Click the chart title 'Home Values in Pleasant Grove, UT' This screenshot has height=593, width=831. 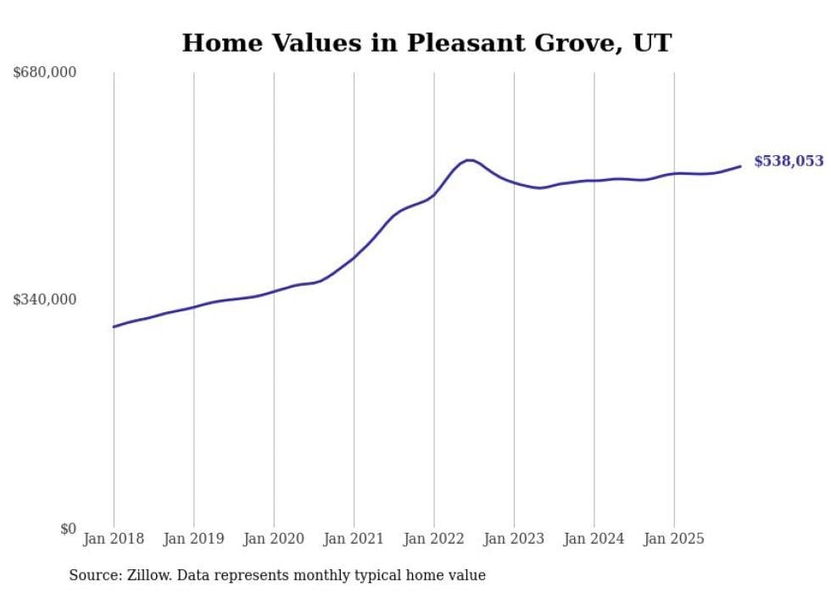pyautogui.click(x=427, y=43)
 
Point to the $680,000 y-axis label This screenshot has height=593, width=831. pyautogui.click(x=45, y=73)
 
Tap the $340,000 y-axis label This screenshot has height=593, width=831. pyautogui.click(x=45, y=299)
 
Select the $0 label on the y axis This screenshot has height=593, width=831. pyautogui.click(x=68, y=529)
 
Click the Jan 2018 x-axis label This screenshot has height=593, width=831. pyautogui.click(x=114, y=539)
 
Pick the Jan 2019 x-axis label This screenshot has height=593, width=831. pyautogui.click(x=193, y=539)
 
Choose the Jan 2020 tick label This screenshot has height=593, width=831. pyautogui.click(x=274, y=539)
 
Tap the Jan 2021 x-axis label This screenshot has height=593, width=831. pyautogui.click(x=354, y=539)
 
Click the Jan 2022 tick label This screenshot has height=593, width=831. pyautogui.click(x=434, y=539)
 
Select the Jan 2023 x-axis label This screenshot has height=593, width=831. pyautogui.click(x=514, y=539)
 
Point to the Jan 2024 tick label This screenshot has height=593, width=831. pyautogui.click(x=594, y=539)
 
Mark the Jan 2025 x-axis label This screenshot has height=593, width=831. pyautogui.click(x=674, y=539)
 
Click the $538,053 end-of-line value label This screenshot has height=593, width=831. pyautogui.click(x=788, y=161)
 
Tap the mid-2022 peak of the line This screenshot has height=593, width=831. pyautogui.click(x=468, y=159)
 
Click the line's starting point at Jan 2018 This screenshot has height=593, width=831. pyautogui.click(x=114, y=327)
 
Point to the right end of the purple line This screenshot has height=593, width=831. pyautogui.click(x=740, y=166)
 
